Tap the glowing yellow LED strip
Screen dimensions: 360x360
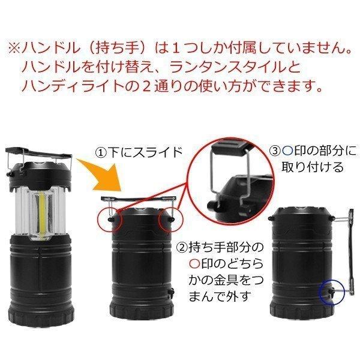[x=42, y=214]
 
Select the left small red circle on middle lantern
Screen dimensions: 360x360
[x=110, y=221]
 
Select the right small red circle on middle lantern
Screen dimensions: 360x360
[x=172, y=220]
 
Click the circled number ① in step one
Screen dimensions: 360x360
[x=100, y=152]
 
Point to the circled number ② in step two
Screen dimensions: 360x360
[x=182, y=247]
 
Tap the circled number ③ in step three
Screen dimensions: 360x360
[x=275, y=151]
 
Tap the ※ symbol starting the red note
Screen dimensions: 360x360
[x=15, y=49]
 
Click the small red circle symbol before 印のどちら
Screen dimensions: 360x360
[x=195, y=264]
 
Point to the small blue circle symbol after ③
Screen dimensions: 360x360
[x=287, y=151]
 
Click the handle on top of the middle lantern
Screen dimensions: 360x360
[x=139, y=199]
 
